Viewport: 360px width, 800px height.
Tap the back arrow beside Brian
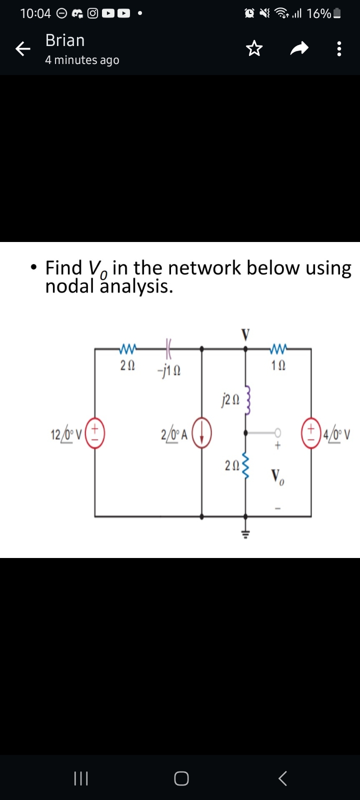(22, 49)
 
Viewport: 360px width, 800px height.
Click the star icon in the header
(254, 49)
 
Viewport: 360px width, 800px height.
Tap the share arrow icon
(299, 49)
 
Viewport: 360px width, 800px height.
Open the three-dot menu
(339, 49)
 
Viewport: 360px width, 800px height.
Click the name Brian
(65, 40)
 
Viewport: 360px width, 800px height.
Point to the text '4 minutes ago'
(82, 60)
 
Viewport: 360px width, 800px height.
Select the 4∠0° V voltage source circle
(311, 431)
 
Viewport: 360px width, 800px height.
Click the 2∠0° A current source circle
(201, 433)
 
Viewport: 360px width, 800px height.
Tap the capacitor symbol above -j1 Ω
(168, 346)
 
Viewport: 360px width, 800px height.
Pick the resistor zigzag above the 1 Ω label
(277, 347)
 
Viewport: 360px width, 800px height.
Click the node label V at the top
(245, 334)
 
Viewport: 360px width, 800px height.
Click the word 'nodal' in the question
(68, 286)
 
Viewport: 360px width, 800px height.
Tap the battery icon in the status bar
(337, 13)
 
